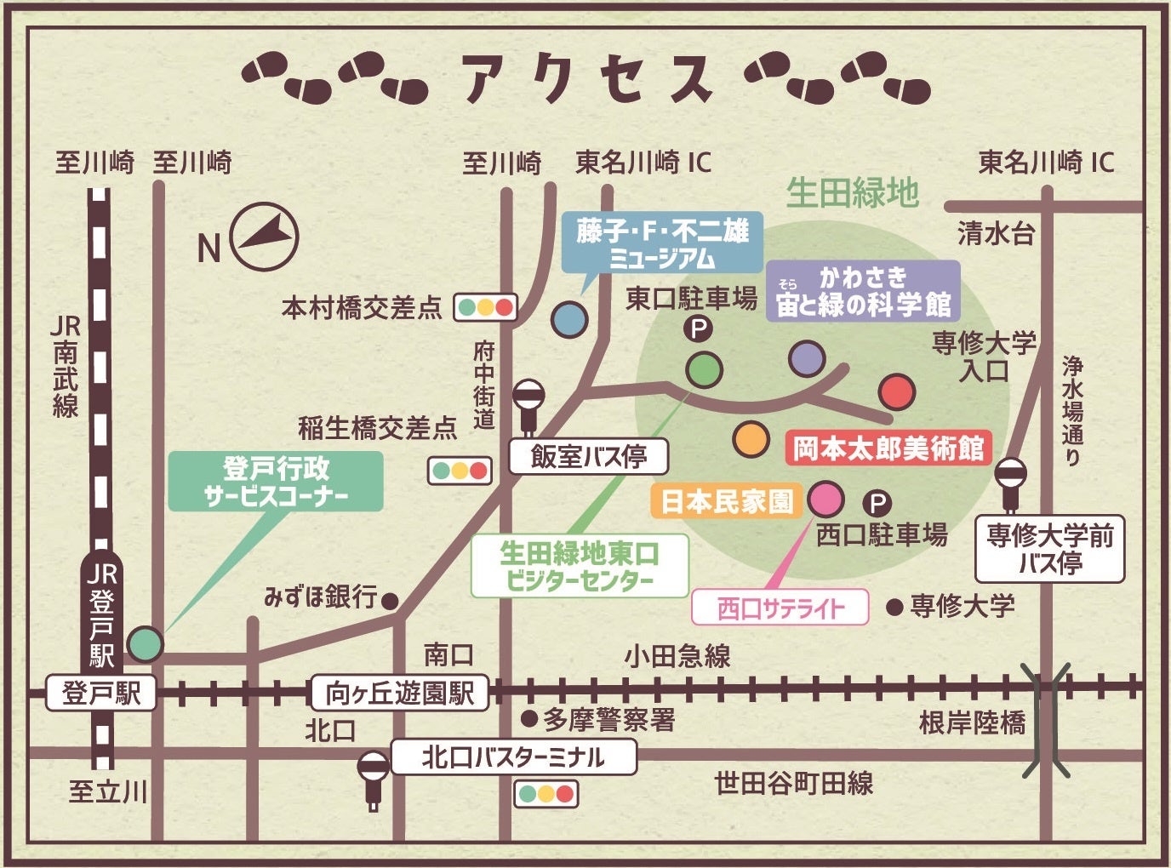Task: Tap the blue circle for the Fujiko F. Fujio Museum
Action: pos(568,320)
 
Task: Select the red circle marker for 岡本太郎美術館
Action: pos(896,392)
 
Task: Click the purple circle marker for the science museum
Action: pos(806,358)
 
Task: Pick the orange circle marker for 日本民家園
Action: pos(751,438)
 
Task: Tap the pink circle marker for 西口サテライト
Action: pos(825,499)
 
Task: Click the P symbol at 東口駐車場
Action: pos(699,328)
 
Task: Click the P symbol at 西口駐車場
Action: pos(877,503)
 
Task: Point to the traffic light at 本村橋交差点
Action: pos(485,307)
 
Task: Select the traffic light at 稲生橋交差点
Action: pos(460,471)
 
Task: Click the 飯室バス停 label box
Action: pos(588,457)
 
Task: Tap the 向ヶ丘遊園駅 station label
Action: pos(399,693)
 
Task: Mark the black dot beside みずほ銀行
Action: pos(390,601)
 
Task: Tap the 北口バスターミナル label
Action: pos(513,757)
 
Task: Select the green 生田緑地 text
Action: pos(852,193)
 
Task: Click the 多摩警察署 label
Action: pos(608,720)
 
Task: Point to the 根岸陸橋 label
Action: pos(972,722)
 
